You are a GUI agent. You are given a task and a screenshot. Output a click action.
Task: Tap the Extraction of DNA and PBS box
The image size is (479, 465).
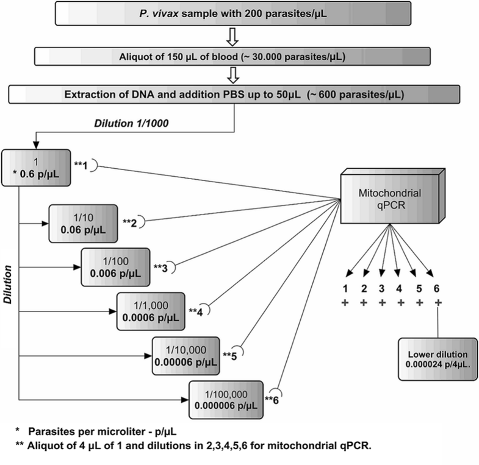239,95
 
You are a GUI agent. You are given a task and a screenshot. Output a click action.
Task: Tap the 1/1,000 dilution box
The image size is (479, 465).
151,310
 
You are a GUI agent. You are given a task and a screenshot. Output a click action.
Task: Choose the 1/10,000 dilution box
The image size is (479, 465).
186,354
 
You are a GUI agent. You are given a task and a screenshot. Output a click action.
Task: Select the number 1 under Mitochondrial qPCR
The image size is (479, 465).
345,289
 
